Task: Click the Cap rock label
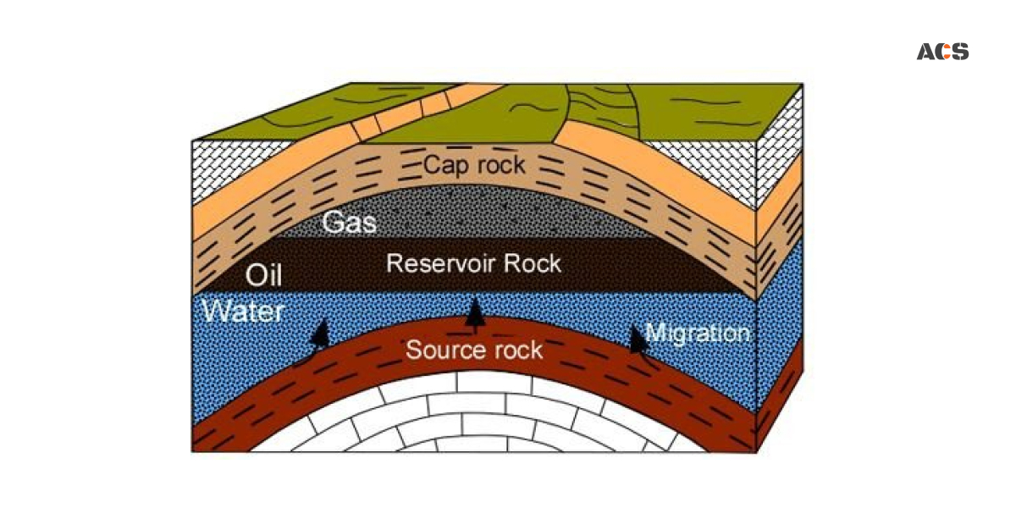(475, 164)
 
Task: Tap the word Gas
(349, 224)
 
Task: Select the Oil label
(262, 275)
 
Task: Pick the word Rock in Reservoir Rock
(531, 263)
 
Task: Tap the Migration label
(697, 333)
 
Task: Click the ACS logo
(942, 52)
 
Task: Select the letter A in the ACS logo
(925, 52)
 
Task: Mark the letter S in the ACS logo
(959, 52)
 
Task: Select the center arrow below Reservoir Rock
(476, 314)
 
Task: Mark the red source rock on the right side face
(779, 406)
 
